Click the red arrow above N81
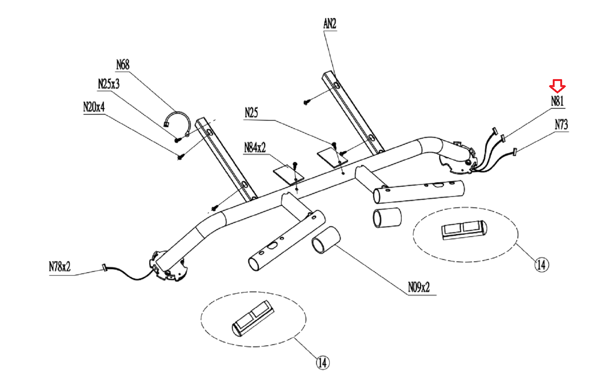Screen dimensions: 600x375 557,86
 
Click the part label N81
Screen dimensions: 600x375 557,101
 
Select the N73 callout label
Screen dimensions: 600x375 561,124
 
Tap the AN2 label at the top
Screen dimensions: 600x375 330,24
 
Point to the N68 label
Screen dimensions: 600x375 123,65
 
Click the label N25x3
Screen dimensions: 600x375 109,84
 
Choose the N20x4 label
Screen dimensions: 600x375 94,107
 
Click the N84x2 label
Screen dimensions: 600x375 255,148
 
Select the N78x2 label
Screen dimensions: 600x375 60,267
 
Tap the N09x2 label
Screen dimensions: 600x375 419,287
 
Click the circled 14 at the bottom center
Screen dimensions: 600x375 323,363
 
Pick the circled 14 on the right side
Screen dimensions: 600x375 541,265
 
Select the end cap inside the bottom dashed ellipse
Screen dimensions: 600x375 253,318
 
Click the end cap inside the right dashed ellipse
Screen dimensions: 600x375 464,230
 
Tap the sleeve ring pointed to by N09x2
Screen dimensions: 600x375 326,240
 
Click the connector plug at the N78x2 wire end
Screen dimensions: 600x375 105,268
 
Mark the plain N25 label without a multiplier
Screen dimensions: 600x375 251,113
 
